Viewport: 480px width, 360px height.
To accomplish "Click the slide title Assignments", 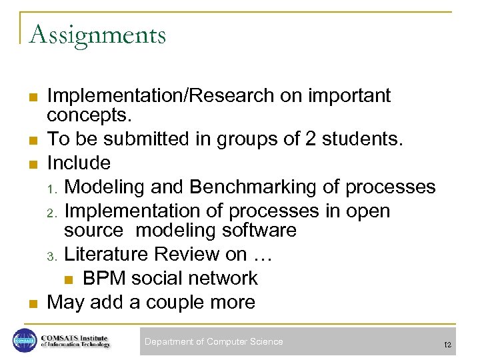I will point(97,34).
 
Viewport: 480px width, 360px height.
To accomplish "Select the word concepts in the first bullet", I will point(89,116).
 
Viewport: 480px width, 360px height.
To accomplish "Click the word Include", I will point(79,163).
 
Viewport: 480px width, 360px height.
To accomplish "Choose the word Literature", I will point(107,254).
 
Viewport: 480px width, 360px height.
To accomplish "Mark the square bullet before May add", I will point(33,303).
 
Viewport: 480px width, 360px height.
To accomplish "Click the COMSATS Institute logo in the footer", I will point(61,341).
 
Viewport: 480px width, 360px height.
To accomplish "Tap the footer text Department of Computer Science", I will point(214,341).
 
